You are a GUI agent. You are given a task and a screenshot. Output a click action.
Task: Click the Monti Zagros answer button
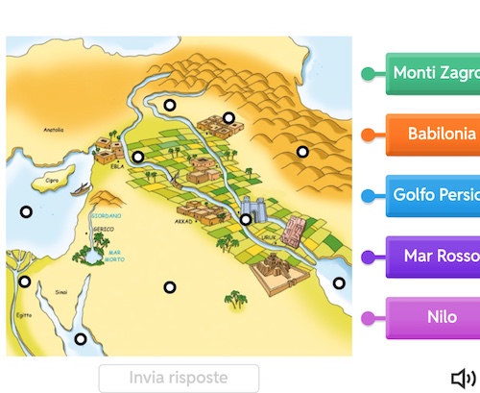coord(434,73)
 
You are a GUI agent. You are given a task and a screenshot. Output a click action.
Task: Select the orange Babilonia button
coord(434,134)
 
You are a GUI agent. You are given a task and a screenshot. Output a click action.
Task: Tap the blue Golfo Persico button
coord(434,195)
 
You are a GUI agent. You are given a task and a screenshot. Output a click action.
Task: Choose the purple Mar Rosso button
coord(434,257)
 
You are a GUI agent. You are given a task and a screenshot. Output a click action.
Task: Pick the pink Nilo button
coord(434,317)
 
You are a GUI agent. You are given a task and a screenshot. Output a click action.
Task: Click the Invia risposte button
coord(179,378)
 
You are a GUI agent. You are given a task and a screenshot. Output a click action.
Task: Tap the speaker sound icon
coord(463,378)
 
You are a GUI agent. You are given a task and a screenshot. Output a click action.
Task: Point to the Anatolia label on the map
coord(54,129)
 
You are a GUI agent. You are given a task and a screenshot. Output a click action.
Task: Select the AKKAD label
coord(185,220)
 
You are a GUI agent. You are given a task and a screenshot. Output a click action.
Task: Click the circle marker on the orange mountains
coord(302,151)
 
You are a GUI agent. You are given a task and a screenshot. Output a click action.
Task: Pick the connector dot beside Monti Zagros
coord(368,74)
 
